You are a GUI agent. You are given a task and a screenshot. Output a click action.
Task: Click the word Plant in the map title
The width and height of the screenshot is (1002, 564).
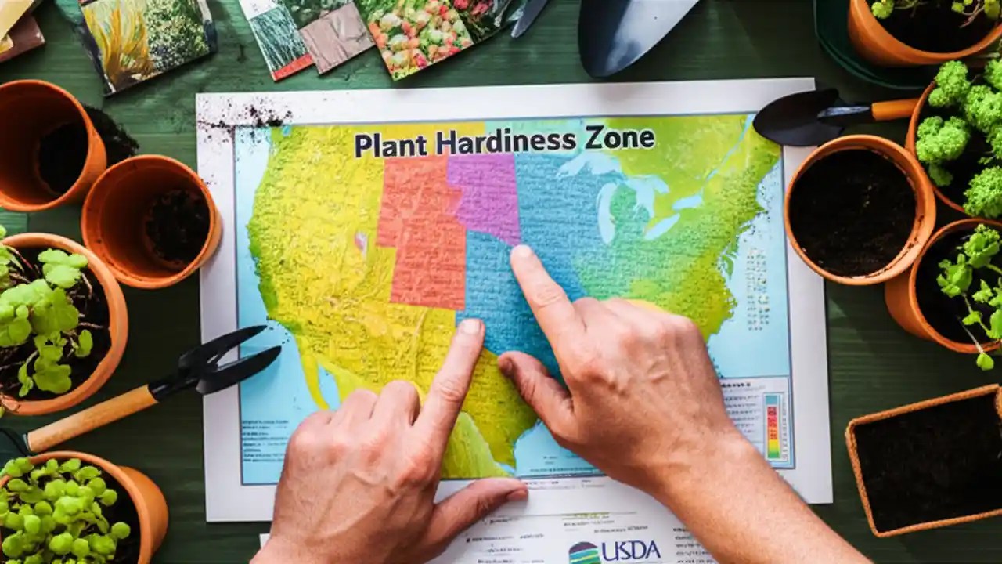pos(389,145)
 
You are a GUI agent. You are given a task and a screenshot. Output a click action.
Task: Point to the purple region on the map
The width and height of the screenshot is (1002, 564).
pos(485,196)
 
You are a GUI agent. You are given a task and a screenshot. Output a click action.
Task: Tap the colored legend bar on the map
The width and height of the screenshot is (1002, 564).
pos(773,426)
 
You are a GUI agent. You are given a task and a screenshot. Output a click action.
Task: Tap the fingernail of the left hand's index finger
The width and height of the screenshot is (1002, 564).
pos(470,327)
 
